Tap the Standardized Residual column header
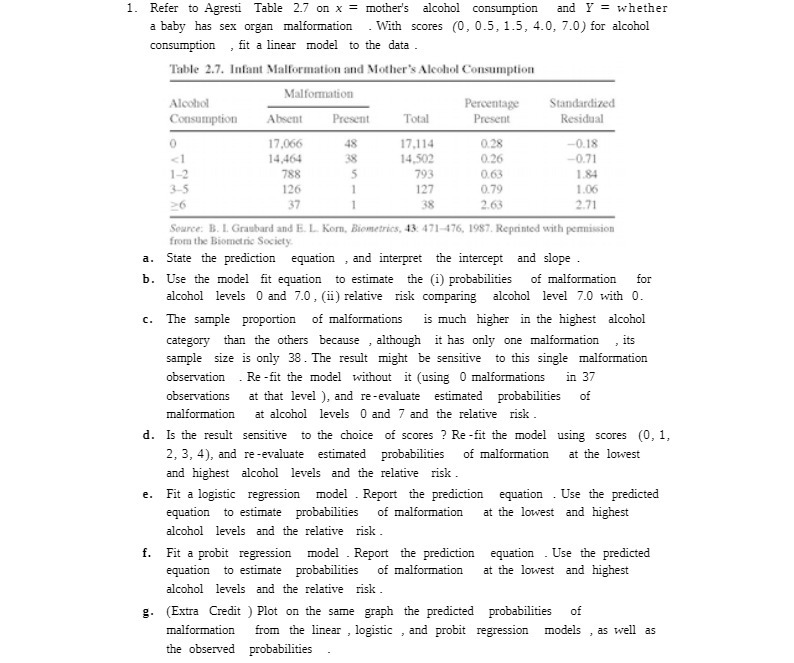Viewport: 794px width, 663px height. [582, 110]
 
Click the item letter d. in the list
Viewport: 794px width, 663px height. [148, 435]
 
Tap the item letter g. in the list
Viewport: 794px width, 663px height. [148, 611]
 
